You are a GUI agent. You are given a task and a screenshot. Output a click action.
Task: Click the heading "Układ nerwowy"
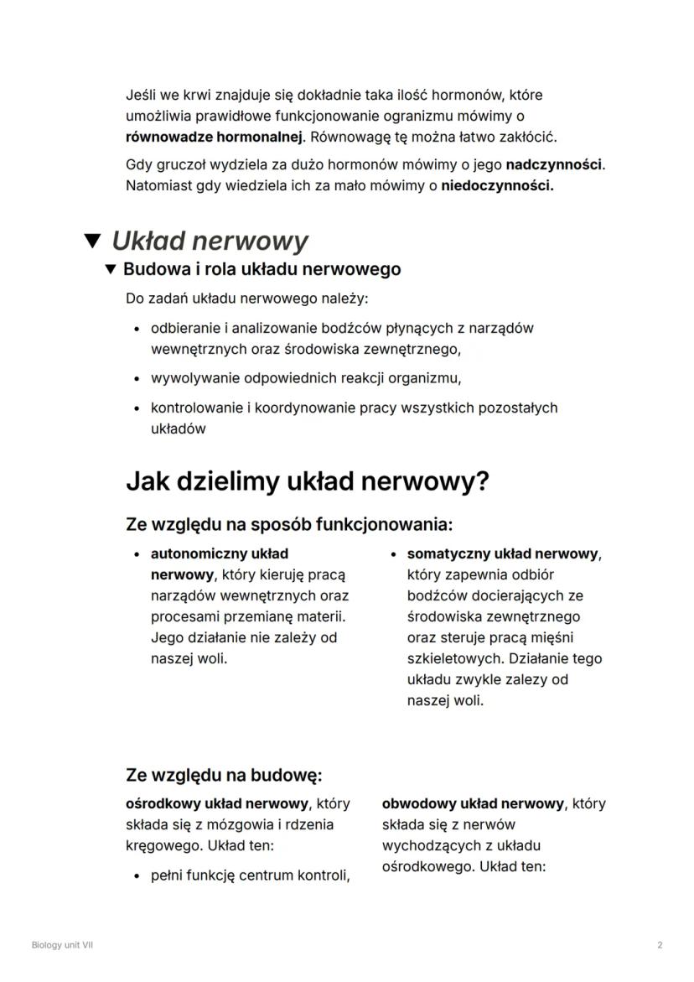pos(210,242)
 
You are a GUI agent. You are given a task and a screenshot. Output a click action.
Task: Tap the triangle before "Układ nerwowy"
pos(94,242)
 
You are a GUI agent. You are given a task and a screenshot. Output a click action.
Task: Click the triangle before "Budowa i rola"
pos(110,270)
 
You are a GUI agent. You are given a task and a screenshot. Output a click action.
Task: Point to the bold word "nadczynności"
pos(554,165)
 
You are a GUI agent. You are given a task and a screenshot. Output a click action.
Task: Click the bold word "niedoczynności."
pos(497,185)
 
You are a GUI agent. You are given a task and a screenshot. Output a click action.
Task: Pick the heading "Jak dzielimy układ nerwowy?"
pos(307,482)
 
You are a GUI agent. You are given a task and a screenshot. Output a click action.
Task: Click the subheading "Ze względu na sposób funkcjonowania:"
pos(288,525)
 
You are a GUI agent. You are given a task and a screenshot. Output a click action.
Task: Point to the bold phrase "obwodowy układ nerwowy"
pos(473,803)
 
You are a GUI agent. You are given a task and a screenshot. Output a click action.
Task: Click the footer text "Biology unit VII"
pos(62,945)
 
